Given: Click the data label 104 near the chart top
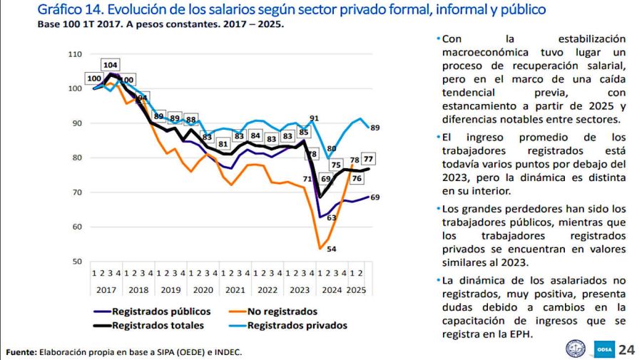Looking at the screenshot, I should pyautogui.click(x=110, y=65).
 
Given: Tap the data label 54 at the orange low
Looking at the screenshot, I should pyautogui.click(x=331, y=249).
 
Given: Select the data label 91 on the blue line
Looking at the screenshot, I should pyautogui.click(x=314, y=118).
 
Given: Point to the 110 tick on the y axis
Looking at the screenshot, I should pyautogui.click(x=75, y=54).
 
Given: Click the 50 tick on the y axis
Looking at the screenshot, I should pyautogui.click(x=77, y=262).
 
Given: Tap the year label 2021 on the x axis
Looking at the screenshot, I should pyautogui.click(x=235, y=290).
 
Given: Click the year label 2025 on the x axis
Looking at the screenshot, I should pyautogui.click(x=357, y=290).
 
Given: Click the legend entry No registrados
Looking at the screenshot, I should pyautogui.click(x=282, y=312).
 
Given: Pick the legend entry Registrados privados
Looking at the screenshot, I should pyautogui.click(x=297, y=325).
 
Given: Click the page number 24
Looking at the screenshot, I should pyautogui.click(x=626, y=349).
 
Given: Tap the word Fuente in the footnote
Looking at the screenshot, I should pyautogui.click(x=21, y=352).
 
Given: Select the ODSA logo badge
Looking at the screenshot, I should pyautogui.click(x=601, y=349).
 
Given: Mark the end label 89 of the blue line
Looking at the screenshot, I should pyautogui.click(x=374, y=128).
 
